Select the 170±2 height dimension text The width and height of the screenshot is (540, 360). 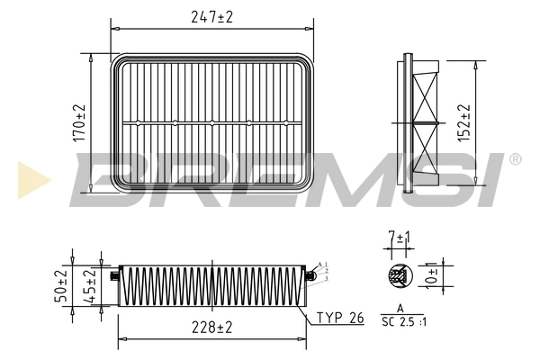pyautogui.click(x=79, y=122)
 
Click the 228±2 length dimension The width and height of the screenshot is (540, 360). pyautogui.click(x=213, y=328)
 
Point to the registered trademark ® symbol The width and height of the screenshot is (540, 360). pyautogui.click(x=515, y=159)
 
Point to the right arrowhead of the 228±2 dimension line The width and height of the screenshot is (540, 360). pyautogui.click(x=307, y=338)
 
